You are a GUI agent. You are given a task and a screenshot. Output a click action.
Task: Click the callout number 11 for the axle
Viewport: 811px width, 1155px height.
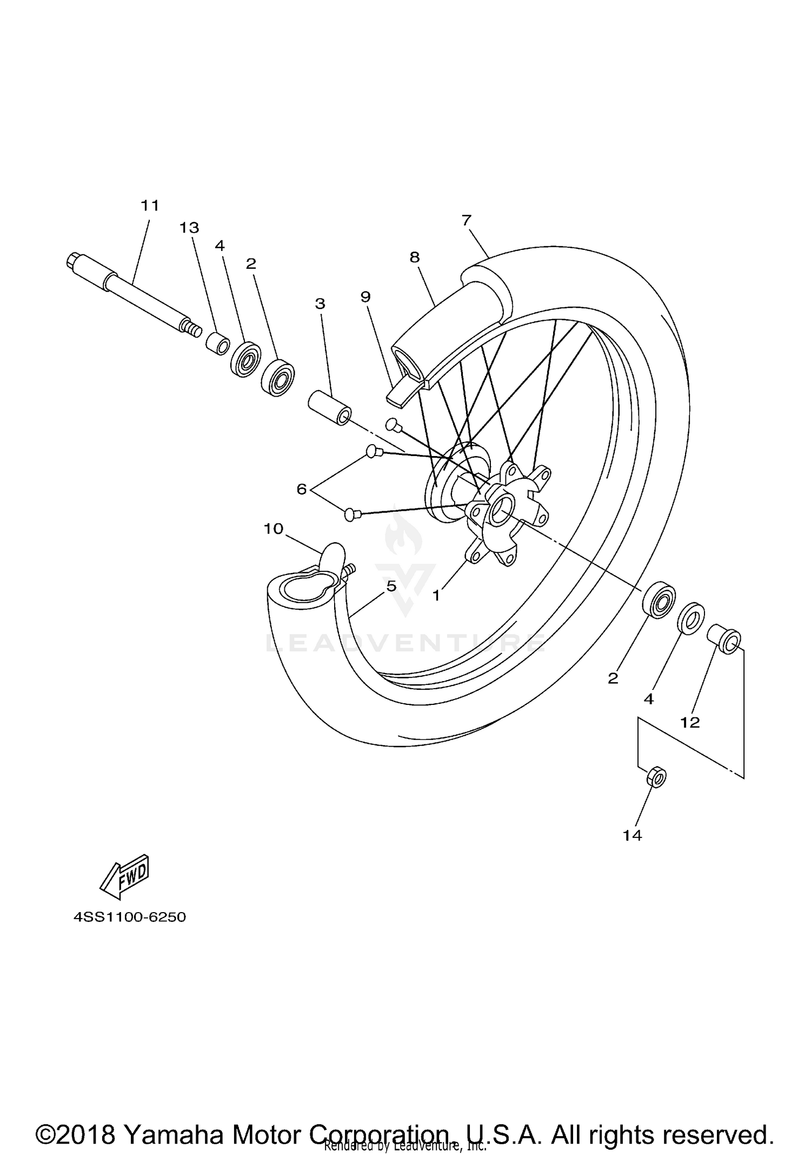(150, 206)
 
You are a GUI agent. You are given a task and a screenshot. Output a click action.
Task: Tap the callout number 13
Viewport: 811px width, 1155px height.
(189, 228)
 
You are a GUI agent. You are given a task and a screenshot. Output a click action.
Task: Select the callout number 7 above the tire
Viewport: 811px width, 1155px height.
(467, 220)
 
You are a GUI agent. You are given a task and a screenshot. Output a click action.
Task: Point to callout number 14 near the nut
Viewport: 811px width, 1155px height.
(632, 835)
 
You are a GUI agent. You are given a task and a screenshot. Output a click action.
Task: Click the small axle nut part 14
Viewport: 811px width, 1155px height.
(656, 778)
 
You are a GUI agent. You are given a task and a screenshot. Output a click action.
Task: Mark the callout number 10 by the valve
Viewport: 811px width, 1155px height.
(274, 529)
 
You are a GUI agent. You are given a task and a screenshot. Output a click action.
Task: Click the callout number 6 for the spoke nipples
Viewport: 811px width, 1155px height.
(302, 489)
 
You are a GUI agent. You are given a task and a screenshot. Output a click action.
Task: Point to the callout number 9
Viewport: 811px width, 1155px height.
(365, 296)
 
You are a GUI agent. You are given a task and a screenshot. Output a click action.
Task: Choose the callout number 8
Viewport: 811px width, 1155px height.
(415, 258)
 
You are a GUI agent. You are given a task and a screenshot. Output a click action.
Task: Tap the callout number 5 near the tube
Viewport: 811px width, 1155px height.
(391, 585)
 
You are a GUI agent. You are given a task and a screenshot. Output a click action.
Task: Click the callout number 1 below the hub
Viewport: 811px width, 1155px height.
(436, 595)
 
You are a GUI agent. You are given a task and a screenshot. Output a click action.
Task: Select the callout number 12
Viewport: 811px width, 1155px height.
(690, 722)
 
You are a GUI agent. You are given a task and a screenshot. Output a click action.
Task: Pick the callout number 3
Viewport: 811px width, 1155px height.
(320, 304)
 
